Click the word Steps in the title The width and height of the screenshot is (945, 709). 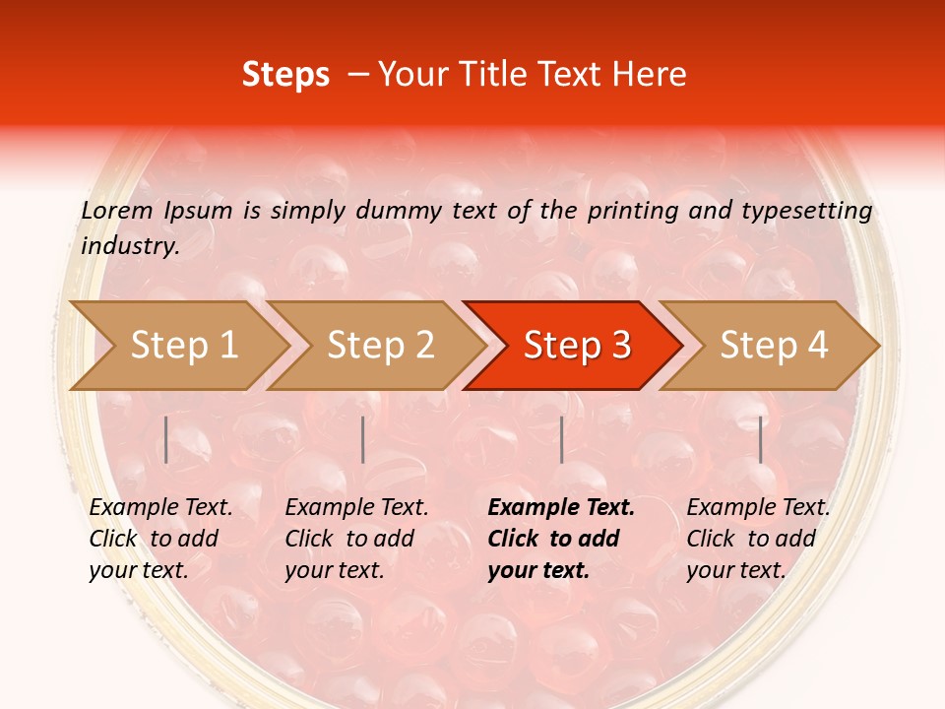tap(285, 75)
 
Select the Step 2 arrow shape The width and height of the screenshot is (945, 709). tap(380, 346)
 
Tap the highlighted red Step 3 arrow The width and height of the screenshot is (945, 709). tap(577, 346)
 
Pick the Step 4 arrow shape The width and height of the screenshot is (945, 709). tap(774, 346)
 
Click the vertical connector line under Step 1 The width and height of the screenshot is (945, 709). tap(166, 439)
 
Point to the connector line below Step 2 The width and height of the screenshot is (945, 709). tap(363, 439)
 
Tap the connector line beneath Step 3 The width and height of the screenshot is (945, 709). tap(561, 439)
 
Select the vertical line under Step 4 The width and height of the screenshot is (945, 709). tap(760, 439)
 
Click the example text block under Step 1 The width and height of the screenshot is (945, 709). tap(160, 539)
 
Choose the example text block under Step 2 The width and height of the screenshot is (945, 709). tap(356, 539)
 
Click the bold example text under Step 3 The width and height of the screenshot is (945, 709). tap(561, 539)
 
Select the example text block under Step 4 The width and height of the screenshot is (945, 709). tap(758, 539)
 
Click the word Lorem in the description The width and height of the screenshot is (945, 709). tap(117, 210)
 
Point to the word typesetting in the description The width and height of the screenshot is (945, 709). tap(806, 211)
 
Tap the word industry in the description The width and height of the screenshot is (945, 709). tap(130, 246)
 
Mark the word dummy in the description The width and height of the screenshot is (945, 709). tap(399, 211)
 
